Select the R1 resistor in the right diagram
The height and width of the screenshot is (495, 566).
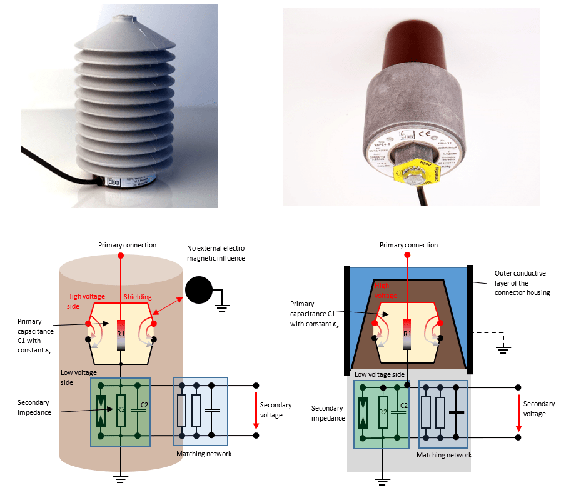pyautogui.click(x=407, y=332)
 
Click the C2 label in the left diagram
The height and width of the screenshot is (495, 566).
pyautogui.click(x=144, y=406)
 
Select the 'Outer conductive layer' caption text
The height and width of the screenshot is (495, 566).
pyautogui.click(x=520, y=282)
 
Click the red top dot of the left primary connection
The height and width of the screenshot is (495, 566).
pyautogui.click(x=121, y=256)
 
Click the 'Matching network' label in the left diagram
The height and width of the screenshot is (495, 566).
pyautogui.click(x=204, y=454)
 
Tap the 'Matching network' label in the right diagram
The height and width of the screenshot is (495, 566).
pyautogui.click(x=444, y=455)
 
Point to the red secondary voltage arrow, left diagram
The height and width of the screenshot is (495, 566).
pyautogui.click(x=256, y=411)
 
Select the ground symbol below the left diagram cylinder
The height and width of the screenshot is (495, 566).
pyautogui.click(x=121, y=479)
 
